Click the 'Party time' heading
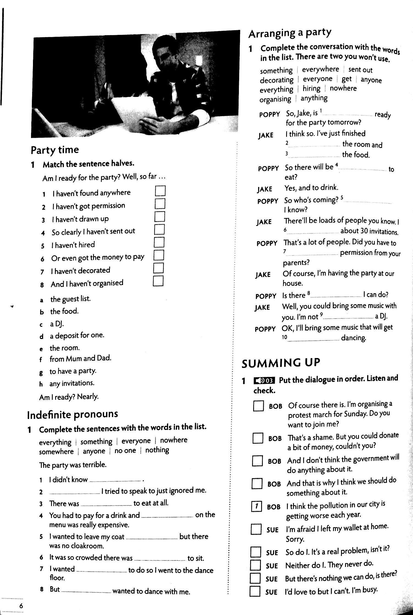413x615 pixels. pyautogui.click(x=55, y=150)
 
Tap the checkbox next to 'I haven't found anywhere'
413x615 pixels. pyautogui.click(x=160, y=191)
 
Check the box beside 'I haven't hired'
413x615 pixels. pyautogui.click(x=159, y=242)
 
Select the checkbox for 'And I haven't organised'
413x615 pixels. pyautogui.click(x=158, y=281)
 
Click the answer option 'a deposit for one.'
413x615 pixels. pyautogui.click(x=77, y=336)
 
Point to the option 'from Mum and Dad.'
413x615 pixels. pyautogui.click(x=80, y=359)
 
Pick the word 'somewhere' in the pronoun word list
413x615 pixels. pyautogui.click(x=56, y=452)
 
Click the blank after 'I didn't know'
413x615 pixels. pyautogui.click(x=115, y=480)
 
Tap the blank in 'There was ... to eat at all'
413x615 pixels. pyautogui.click(x=106, y=504)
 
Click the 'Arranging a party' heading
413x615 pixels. pyautogui.click(x=290, y=33)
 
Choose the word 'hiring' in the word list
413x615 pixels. pyautogui.click(x=311, y=88)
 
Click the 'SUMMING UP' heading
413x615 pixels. pyautogui.click(x=281, y=363)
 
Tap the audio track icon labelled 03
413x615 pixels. pyautogui.click(x=264, y=380)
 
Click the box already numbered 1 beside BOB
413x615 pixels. pyautogui.click(x=256, y=507)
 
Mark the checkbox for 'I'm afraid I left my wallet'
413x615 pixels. pyautogui.click(x=256, y=529)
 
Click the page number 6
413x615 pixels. pyautogui.click(x=21, y=606)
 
